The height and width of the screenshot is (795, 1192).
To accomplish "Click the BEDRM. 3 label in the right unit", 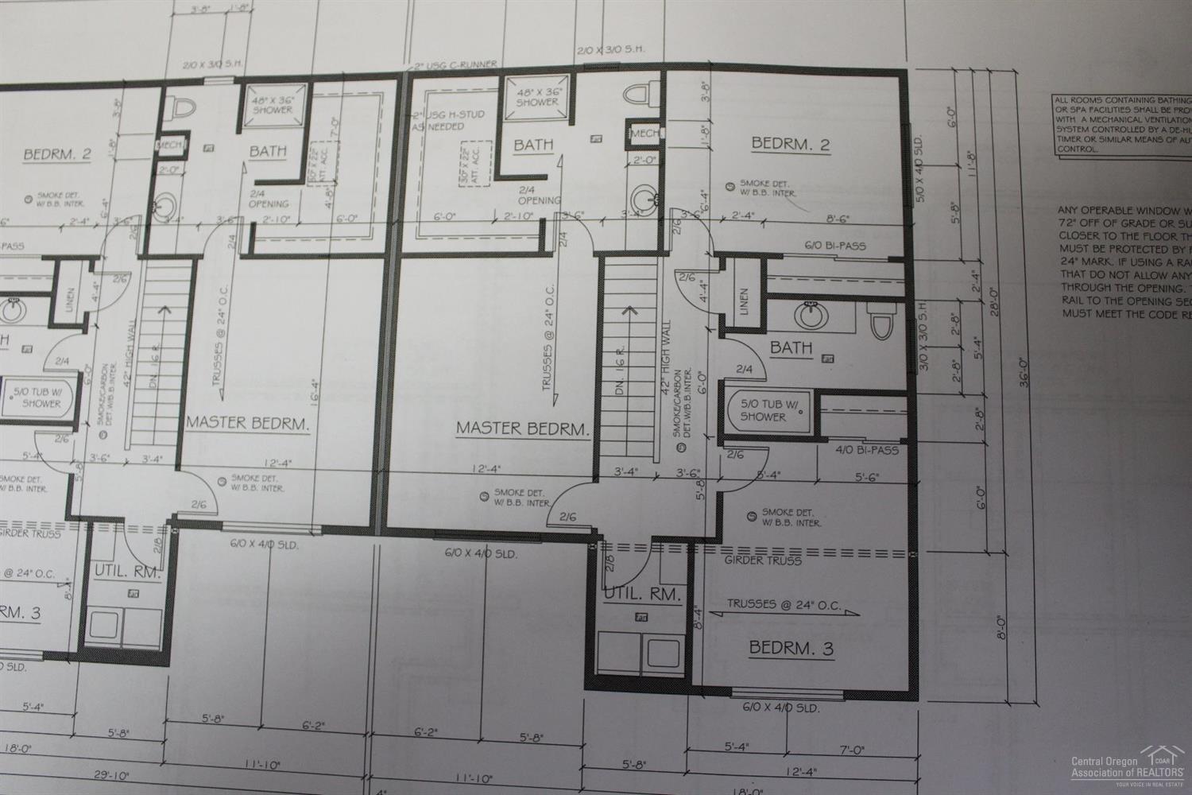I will tap(791, 648).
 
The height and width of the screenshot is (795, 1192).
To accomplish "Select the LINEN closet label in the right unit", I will tap(745, 301).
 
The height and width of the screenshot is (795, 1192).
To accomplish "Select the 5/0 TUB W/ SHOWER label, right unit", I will tap(763, 410).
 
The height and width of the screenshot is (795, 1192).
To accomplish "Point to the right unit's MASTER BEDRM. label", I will tap(523, 429).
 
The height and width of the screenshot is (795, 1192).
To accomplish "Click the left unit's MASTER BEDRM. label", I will tap(247, 422).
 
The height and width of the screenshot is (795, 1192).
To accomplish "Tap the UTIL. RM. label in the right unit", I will tap(642, 594).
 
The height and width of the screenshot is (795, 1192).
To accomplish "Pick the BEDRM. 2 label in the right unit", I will tap(791, 144).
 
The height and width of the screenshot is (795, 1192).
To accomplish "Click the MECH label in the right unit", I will tap(644, 133).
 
